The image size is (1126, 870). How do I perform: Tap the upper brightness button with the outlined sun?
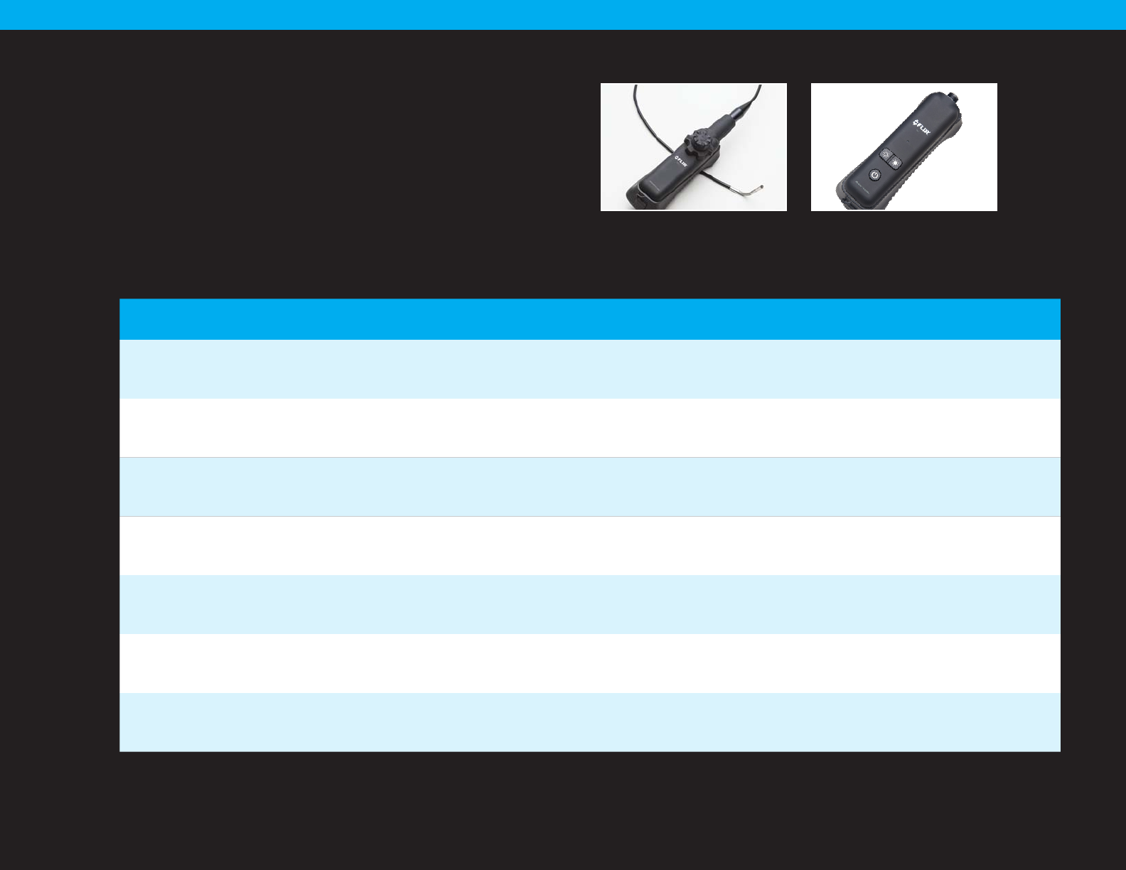coord(886,154)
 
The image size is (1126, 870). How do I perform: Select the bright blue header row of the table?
coord(589,319)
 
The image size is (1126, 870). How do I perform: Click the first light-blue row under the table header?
coord(589,369)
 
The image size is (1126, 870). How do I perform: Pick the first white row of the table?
coord(589,428)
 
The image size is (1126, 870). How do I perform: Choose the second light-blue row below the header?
coord(589,487)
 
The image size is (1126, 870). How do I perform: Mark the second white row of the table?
coord(589,546)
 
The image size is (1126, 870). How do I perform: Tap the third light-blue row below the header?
coord(589,605)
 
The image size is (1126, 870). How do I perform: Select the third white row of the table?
coord(589,664)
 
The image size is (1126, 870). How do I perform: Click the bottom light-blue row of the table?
coord(589,722)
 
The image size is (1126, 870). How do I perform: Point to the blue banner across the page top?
coord(563,14)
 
